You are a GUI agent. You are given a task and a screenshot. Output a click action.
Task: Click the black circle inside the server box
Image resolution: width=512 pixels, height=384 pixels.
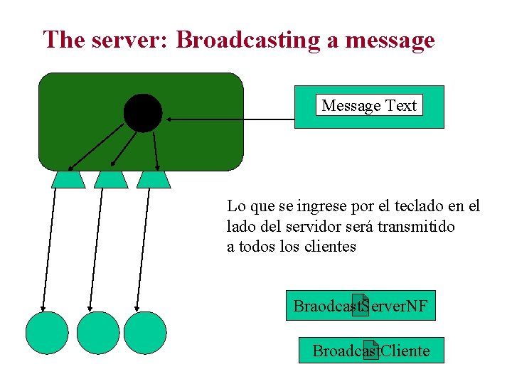pos(143,113)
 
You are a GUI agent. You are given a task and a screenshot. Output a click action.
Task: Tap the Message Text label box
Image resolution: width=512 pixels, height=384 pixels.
pos(368,105)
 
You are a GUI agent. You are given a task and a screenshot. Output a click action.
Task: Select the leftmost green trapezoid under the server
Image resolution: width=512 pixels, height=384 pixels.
pos(68,179)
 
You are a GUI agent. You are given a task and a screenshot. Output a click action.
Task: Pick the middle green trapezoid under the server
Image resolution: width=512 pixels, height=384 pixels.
pos(111,179)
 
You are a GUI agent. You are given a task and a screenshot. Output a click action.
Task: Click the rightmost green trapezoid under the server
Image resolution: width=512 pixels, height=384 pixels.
pos(154,179)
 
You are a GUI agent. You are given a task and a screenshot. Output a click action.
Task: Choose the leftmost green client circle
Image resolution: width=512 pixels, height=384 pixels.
pos(47,333)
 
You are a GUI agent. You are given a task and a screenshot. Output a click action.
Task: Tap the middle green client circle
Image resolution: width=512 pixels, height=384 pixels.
pos(98,333)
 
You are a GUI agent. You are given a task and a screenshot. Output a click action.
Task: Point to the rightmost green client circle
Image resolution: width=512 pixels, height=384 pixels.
pos(145,333)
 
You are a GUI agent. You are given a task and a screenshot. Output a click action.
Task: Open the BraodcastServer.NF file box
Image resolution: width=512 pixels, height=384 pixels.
pos(361,306)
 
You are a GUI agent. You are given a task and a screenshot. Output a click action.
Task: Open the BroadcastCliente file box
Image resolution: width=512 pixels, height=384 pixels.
pos(370,351)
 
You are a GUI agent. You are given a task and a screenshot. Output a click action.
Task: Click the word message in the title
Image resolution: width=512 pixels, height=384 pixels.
pos(389,40)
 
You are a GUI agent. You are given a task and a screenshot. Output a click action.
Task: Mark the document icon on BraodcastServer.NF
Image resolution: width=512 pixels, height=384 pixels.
pos(361,305)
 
